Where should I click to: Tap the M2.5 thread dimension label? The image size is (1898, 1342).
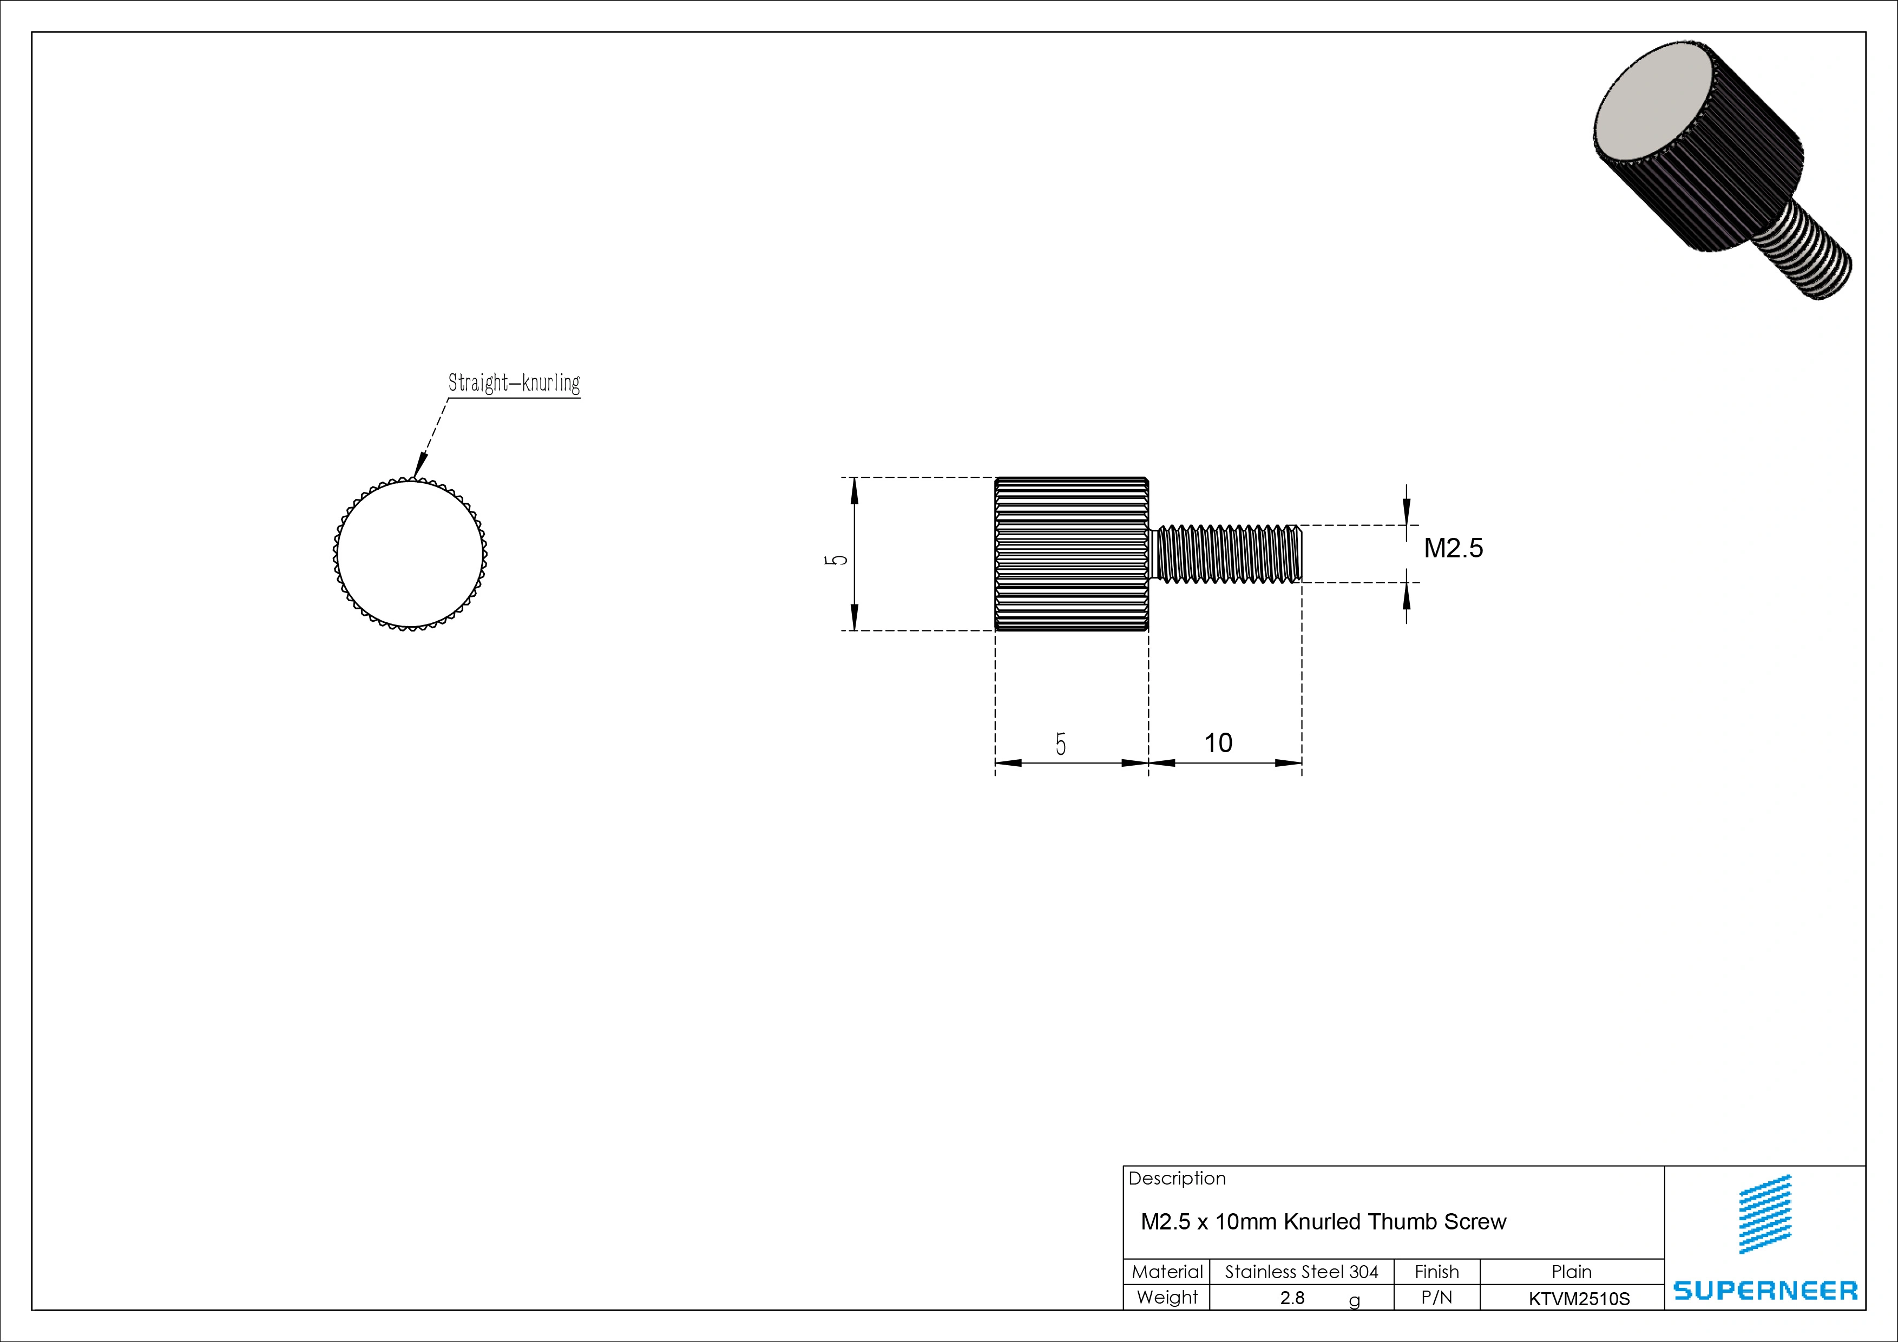tap(1453, 548)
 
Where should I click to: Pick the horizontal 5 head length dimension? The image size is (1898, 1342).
tap(1061, 745)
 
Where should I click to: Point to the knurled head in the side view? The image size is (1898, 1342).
tap(1072, 554)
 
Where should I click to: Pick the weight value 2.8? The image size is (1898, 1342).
tap(1292, 1298)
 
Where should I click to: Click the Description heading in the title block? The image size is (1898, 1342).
tap(1177, 1179)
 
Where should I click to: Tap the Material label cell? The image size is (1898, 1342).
tap(1166, 1272)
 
